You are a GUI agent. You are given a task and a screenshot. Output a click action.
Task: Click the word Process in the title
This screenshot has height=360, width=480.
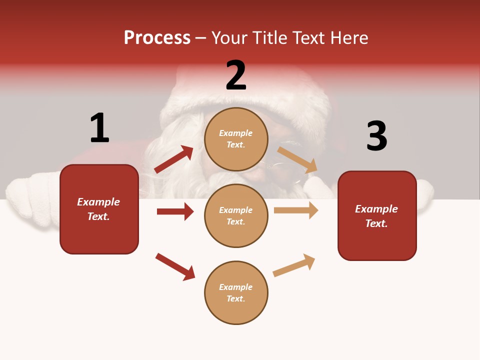pyautogui.click(x=157, y=38)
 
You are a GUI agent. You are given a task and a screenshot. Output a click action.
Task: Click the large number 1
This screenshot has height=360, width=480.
pyautogui.click(x=99, y=128)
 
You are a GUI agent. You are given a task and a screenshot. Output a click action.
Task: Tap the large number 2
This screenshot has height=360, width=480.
pyautogui.click(x=236, y=75)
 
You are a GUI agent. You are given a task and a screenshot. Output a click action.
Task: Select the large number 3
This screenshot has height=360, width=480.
pyautogui.click(x=376, y=136)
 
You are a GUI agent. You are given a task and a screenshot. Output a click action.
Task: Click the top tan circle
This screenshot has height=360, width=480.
pyautogui.click(x=236, y=139)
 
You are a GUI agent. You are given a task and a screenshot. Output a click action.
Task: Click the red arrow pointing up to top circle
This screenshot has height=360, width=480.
pyautogui.click(x=173, y=159)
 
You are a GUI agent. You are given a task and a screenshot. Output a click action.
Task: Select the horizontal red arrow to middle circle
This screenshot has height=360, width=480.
pyautogui.click(x=175, y=211)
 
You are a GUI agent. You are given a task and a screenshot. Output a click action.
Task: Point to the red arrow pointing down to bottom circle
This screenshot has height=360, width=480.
pyautogui.click(x=175, y=266)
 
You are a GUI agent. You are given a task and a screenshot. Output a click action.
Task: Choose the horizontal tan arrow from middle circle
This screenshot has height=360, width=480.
pyautogui.click(x=295, y=210)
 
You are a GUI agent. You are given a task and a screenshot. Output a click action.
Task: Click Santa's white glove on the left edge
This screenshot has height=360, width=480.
pyautogui.click(x=30, y=202)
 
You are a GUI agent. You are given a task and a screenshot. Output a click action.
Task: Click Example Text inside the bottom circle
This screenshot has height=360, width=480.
pyautogui.click(x=236, y=293)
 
